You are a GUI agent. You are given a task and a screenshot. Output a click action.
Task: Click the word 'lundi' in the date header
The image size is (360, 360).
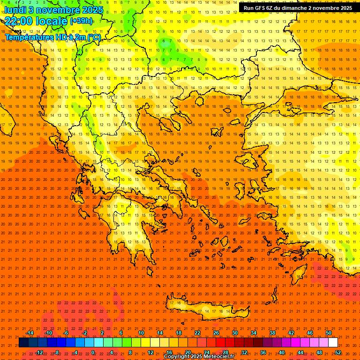pos(18,9)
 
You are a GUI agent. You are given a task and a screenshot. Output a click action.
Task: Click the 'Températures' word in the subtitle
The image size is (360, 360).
pos(29,37)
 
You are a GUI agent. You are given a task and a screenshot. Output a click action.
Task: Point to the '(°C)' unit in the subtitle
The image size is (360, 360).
pos(93,37)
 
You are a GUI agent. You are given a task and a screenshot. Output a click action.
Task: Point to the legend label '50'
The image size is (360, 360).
pos(329,333)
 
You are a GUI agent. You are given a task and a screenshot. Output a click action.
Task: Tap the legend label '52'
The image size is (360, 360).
pos(338,352)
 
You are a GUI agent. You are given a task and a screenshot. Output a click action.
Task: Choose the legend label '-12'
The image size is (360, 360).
pos(39,352)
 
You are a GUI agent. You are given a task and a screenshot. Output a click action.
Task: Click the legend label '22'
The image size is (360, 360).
pos(197,333)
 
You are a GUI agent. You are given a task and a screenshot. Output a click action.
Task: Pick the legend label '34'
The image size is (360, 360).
pos(254,333)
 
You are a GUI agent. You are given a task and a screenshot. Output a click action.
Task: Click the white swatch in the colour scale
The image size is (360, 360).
pos(333,343)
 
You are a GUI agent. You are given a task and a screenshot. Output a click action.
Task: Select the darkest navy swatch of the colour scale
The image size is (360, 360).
pos(23,343)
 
